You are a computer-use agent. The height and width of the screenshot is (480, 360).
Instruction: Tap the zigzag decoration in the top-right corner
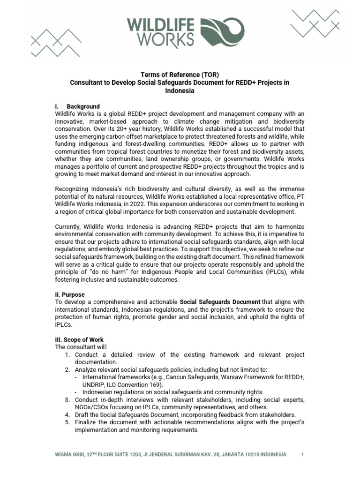[x=313, y=24]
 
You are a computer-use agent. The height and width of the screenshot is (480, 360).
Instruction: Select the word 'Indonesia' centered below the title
[x=180, y=91]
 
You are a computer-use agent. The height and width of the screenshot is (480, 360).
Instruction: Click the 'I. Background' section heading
[x=77, y=106]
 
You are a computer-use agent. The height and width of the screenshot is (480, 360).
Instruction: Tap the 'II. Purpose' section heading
[x=70, y=294]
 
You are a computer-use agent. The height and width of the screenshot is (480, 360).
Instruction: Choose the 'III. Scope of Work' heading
[x=79, y=339]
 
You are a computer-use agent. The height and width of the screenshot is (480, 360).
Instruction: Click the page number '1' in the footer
[x=302, y=455]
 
